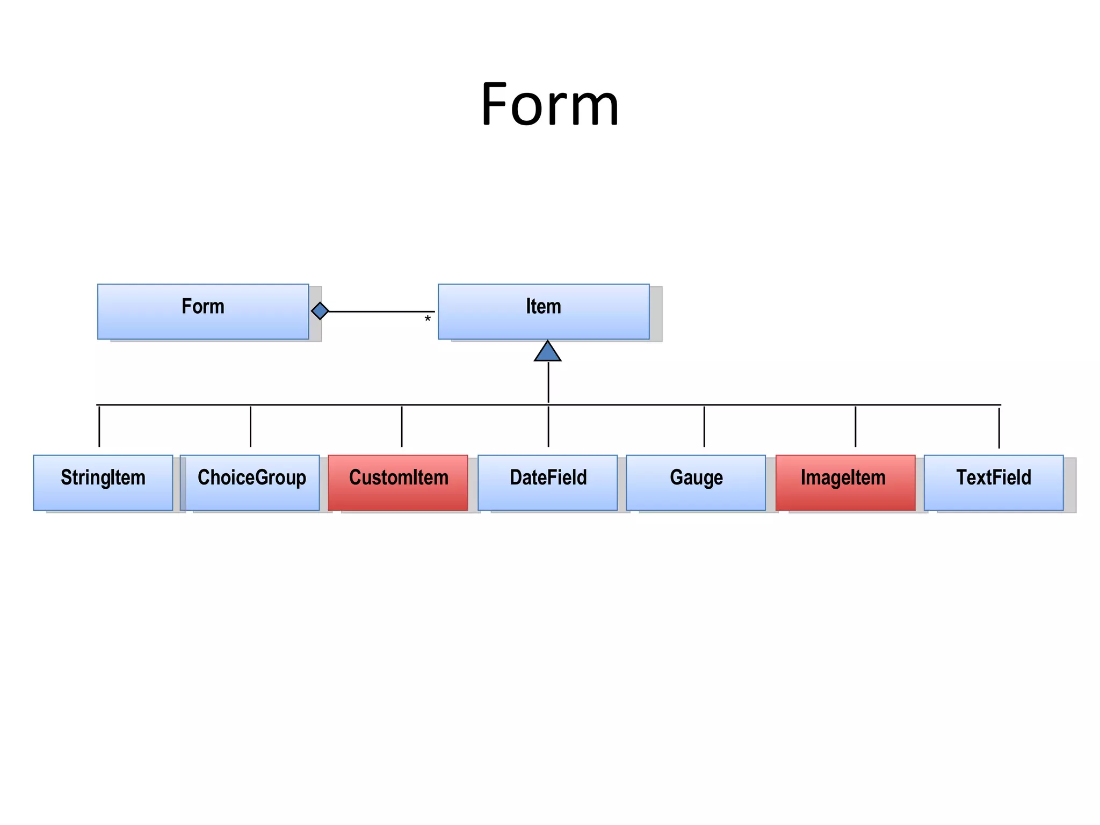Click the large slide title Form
549,104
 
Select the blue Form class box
203,312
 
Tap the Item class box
544,312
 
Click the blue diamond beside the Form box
320,311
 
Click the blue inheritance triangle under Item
548,352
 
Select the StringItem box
103,482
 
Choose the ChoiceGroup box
251,482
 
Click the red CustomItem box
398,482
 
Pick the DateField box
548,482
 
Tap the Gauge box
696,482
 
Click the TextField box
994,482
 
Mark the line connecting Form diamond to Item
381,312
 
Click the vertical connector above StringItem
99,426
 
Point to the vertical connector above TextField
999,428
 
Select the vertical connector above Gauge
704,426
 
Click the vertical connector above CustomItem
402,426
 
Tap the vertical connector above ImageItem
856,426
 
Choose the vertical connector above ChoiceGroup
250,426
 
